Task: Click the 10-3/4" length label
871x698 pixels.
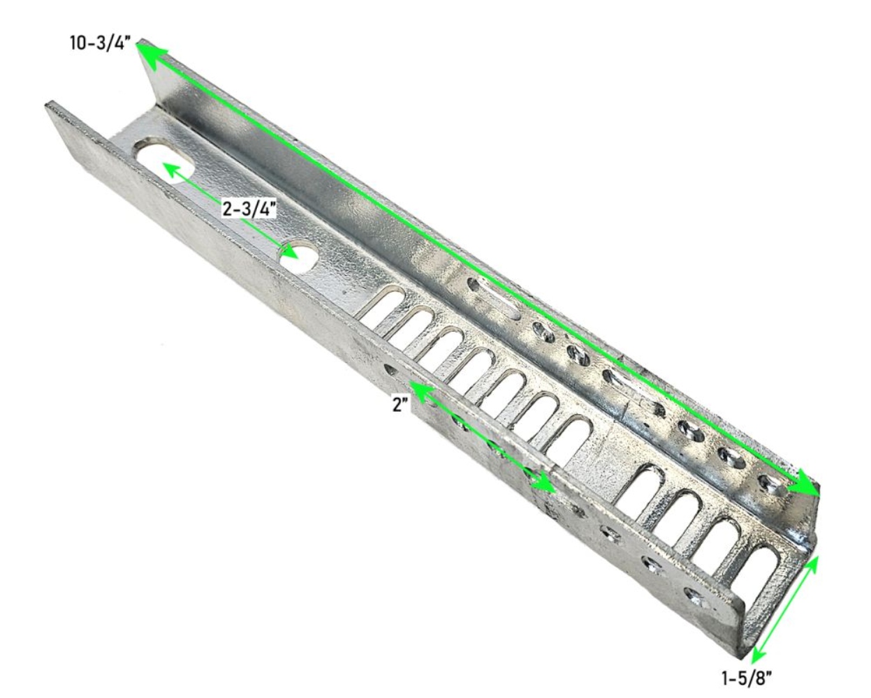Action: click(100, 43)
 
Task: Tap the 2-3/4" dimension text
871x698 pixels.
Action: click(249, 209)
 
